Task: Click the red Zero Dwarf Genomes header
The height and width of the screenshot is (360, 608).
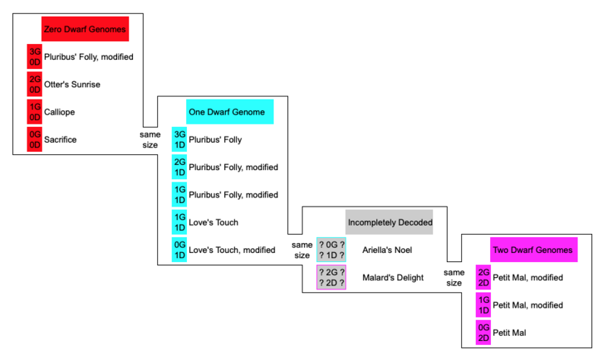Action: [x=84, y=29]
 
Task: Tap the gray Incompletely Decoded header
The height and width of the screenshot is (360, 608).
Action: [x=389, y=223]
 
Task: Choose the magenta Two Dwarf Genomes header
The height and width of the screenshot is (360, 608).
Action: [x=532, y=250]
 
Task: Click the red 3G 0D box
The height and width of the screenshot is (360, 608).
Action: [x=34, y=56]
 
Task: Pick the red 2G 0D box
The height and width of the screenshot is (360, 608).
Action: [x=34, y=84]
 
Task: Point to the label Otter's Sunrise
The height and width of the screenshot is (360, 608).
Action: [x=72, y=84]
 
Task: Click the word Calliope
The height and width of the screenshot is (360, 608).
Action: [x=60, y=112]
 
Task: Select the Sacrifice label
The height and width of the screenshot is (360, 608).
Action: [x=61, y=140]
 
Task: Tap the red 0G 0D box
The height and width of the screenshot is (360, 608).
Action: [x=34, y=140]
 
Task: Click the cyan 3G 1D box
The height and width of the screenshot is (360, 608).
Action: [x=179, y=140]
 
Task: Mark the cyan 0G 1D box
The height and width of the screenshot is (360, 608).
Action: [x=179, y=250]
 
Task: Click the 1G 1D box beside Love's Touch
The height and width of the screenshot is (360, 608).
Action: [x=179, y=223]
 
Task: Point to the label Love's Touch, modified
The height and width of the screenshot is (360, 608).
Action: [x=232, y=250]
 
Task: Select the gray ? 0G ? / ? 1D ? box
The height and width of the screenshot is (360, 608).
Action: [x=331, y=250]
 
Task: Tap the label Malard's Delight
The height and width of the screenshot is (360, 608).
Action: [x=394, y=277]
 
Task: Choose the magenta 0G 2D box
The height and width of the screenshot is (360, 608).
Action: [x=483, y=333]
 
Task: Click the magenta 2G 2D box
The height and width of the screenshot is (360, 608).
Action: [x=483, y=277]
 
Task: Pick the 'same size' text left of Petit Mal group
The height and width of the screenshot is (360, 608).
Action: [x=454, y=277]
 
